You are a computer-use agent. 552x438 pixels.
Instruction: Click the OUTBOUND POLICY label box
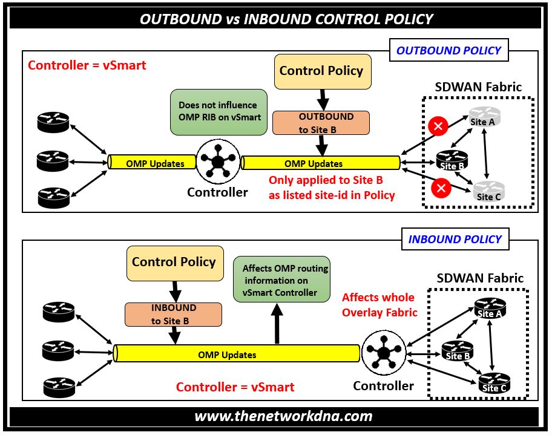(x=448, y=51)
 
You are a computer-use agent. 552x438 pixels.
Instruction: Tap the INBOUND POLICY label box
(x=455, y=239)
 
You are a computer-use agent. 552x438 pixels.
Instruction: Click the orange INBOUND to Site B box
(x=173, y=315)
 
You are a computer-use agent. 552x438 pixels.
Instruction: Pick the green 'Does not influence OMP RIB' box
(x=218, y=111)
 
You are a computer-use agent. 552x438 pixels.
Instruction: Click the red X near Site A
(x=438, y=126)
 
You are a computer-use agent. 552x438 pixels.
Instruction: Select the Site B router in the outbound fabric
(x=452, y=160)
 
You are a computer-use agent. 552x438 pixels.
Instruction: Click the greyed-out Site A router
(x=484, y=116)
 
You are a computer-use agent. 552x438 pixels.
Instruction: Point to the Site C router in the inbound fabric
(x=493, y=382)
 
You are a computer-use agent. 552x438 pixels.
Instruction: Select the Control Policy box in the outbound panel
(x=321, y=71)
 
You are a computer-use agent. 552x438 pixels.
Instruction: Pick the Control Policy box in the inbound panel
(x=174, y=263)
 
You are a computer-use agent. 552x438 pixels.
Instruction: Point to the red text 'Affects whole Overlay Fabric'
(x=379, y=305)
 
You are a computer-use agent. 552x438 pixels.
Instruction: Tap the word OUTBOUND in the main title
(x=181, y=19)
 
